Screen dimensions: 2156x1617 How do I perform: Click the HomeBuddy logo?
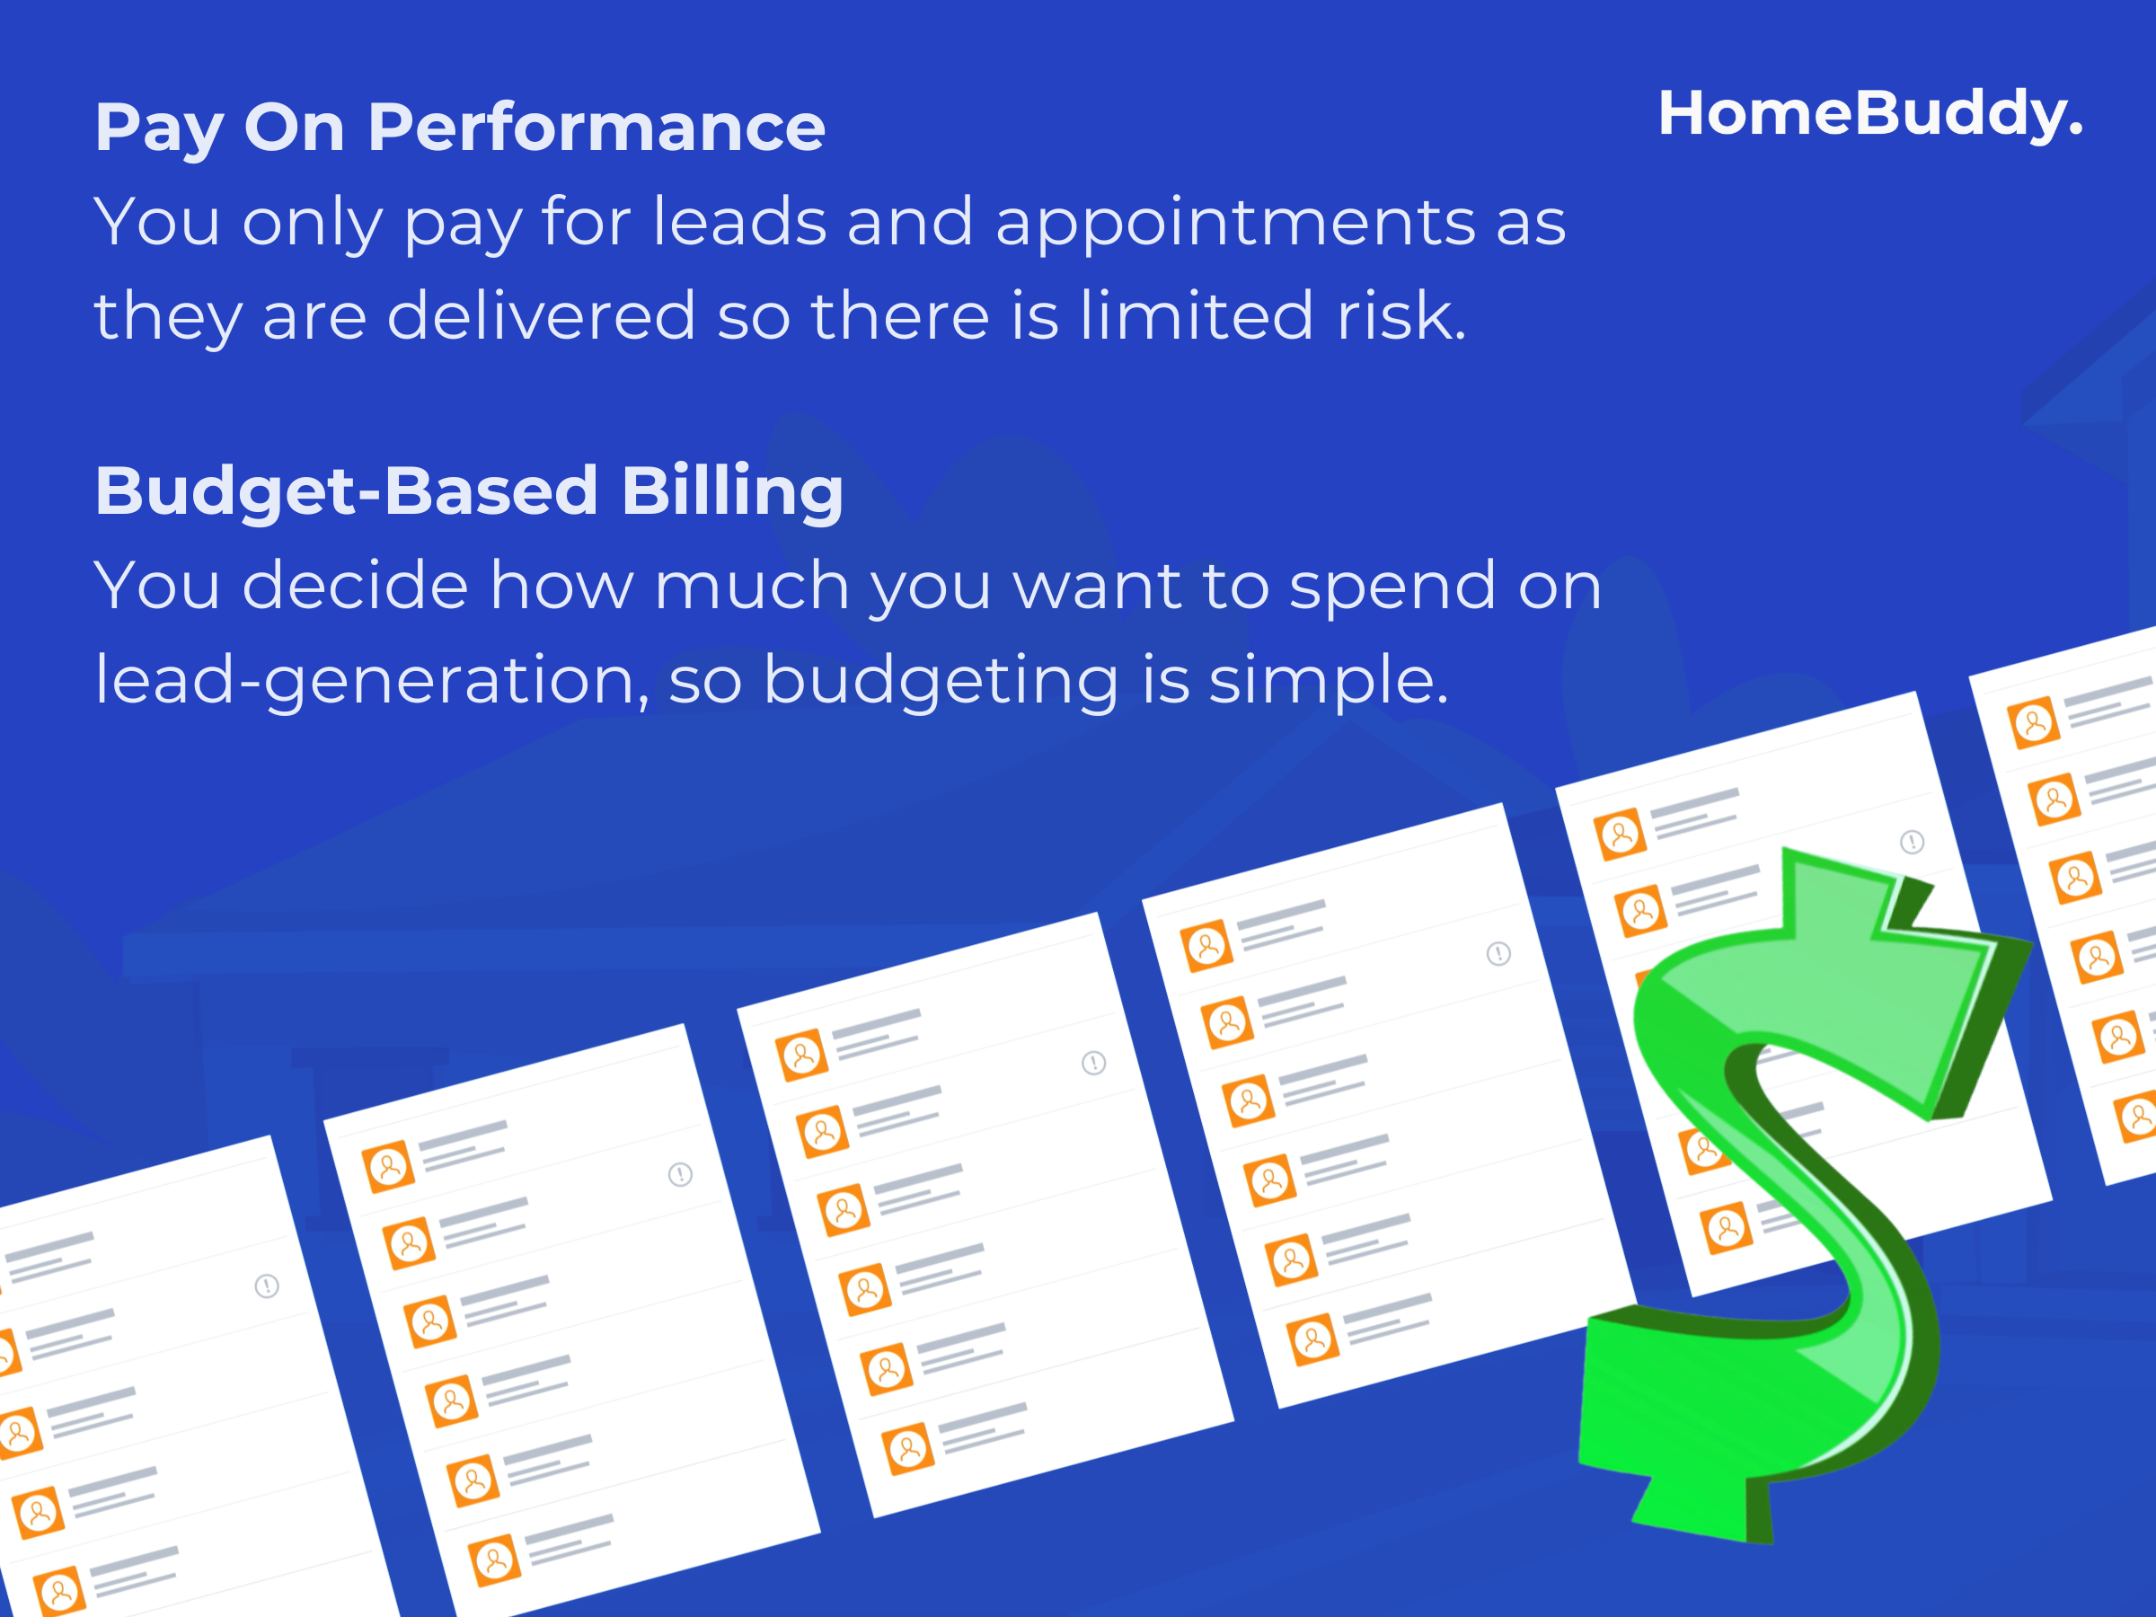click(x=1870, y=115)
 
